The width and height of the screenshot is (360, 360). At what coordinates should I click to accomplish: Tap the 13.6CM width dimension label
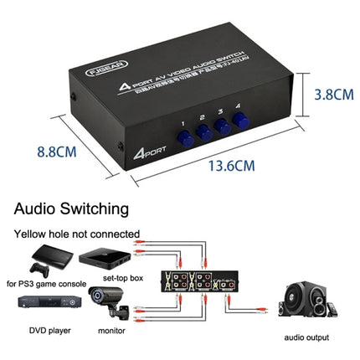(x=231, y=164)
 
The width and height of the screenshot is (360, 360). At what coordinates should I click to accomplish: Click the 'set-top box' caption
(x=123, y=280)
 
